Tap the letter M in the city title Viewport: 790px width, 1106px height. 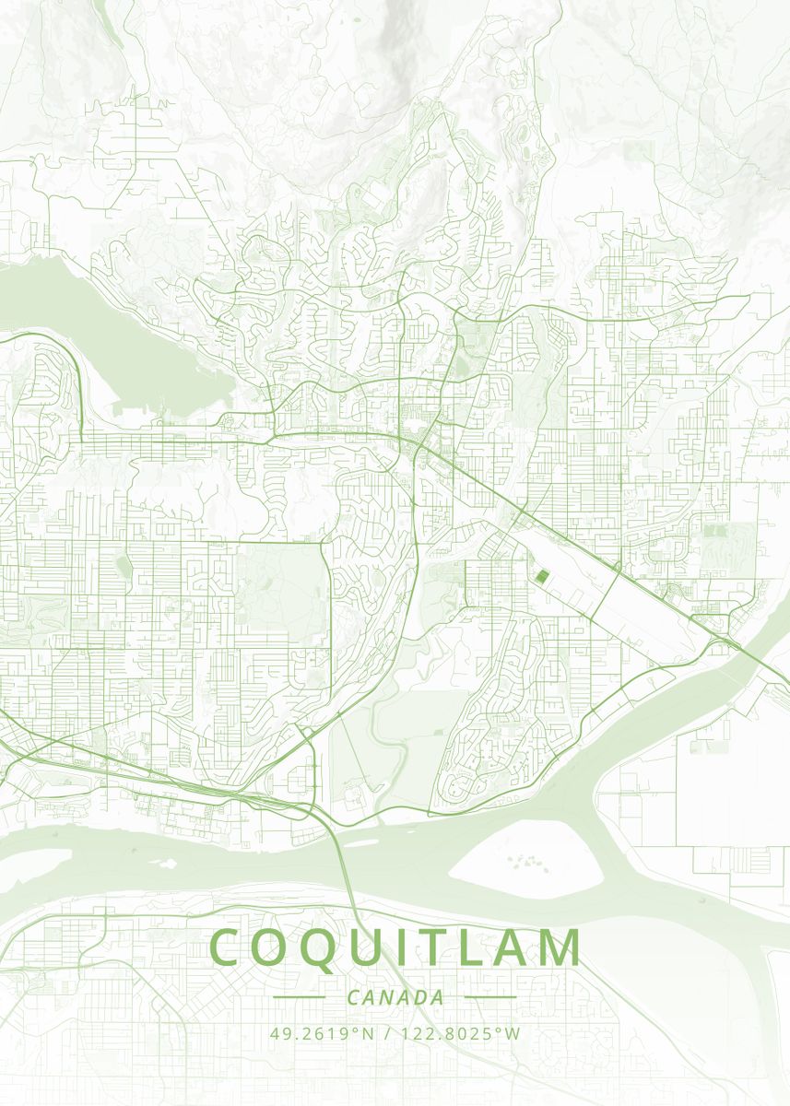558,947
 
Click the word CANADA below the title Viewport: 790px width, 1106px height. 395,997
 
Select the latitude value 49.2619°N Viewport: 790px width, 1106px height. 323,1033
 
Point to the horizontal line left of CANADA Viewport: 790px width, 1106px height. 300,997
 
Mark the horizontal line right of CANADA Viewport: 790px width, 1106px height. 490,997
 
